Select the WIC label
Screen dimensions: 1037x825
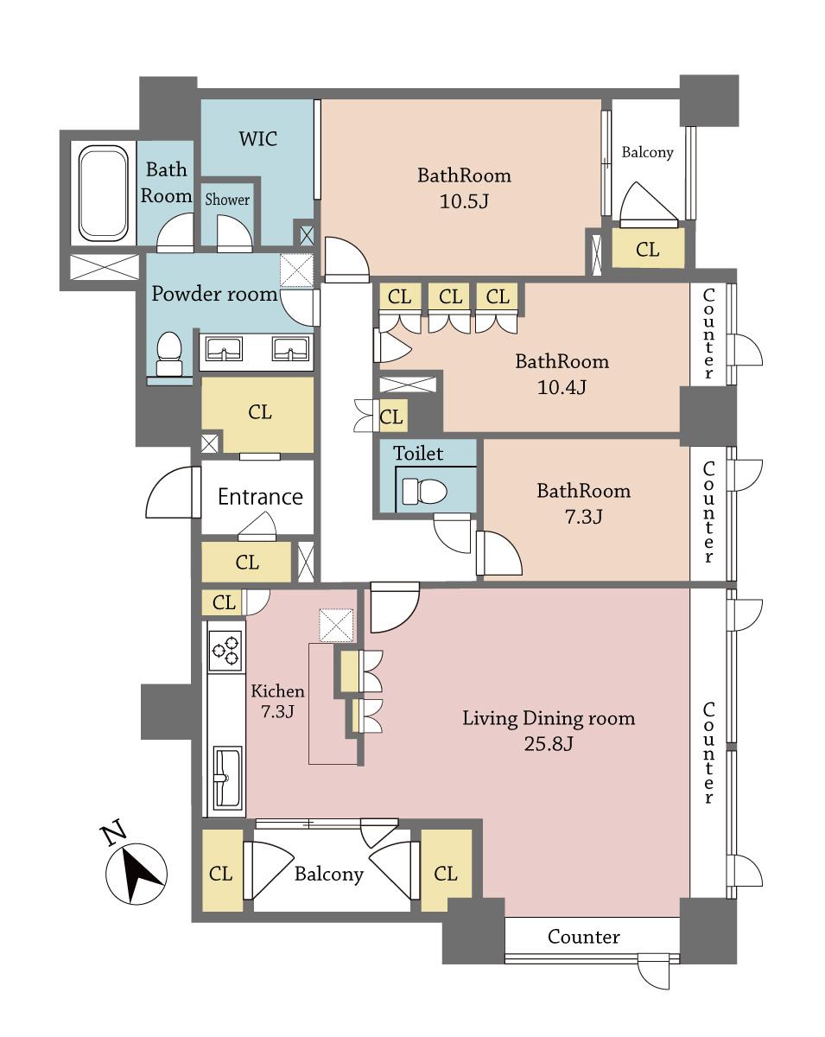click(258, 138)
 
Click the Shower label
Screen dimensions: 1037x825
click(227, 200)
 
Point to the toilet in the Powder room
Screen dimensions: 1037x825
click(169, 353)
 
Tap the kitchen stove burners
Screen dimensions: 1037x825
click(226, 651)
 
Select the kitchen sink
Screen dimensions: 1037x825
click(227, 775)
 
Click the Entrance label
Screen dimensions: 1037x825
click(259, 497)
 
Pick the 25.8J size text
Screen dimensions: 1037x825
click(548, 743)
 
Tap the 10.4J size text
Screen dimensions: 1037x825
click(562, 387)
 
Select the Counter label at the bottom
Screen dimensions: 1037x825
click(584, 937)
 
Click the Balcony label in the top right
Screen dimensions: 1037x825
click(647, 152)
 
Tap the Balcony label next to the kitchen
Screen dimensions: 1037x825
click(328, 874)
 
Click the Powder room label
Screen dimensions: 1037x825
click(214, 294)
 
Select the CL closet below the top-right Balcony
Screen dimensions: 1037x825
click(647, 250)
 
